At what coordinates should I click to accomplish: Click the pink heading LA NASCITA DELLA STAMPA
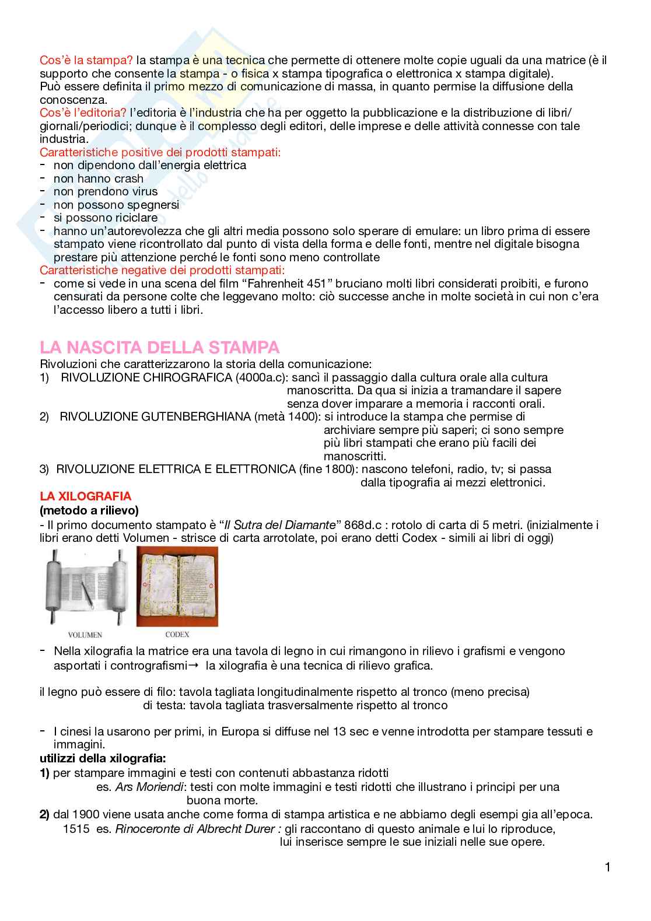tap(159, 348)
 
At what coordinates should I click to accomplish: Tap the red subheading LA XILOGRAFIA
tap(85, 496)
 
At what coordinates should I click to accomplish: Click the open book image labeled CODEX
tap(177, 586)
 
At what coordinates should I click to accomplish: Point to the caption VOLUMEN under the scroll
tap(85, 635)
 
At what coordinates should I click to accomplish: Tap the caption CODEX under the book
tap(177, 634)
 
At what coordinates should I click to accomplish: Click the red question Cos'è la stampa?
tap(86, 60)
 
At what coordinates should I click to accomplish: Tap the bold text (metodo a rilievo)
tap(89, 510)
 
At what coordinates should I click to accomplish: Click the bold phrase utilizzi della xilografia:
tap(103, 758)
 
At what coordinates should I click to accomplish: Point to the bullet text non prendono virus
tap(106, 191)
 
